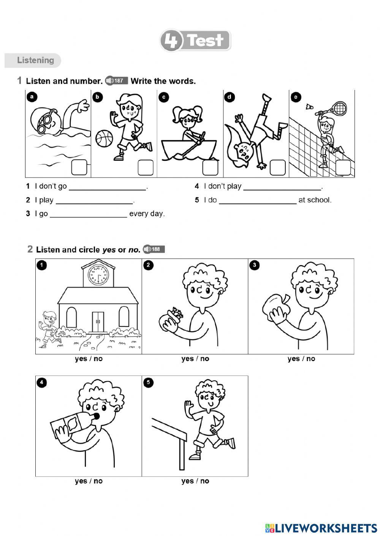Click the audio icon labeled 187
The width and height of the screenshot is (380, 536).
tap(116, 80)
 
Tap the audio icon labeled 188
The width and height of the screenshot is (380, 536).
tap(154, 249)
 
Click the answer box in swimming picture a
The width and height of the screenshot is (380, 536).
tap(79, 168)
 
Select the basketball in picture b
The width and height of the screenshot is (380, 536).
tap(103, 138)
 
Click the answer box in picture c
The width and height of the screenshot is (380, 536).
tap(210, 168)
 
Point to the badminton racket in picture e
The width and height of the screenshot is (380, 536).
tap(337, 108)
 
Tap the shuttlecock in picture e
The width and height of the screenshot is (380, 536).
tap(309, 107)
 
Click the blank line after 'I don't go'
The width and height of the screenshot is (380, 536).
tap(108, 187)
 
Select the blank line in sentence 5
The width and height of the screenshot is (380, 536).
tap(257, 201)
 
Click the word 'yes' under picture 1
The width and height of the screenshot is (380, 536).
tap(81, 359)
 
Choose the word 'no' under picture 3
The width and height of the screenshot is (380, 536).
tap(311, 359)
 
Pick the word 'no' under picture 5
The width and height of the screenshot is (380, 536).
tap(205, 481)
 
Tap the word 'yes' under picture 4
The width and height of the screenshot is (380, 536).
tap(81, 481)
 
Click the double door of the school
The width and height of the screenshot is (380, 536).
tap(98, 322)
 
